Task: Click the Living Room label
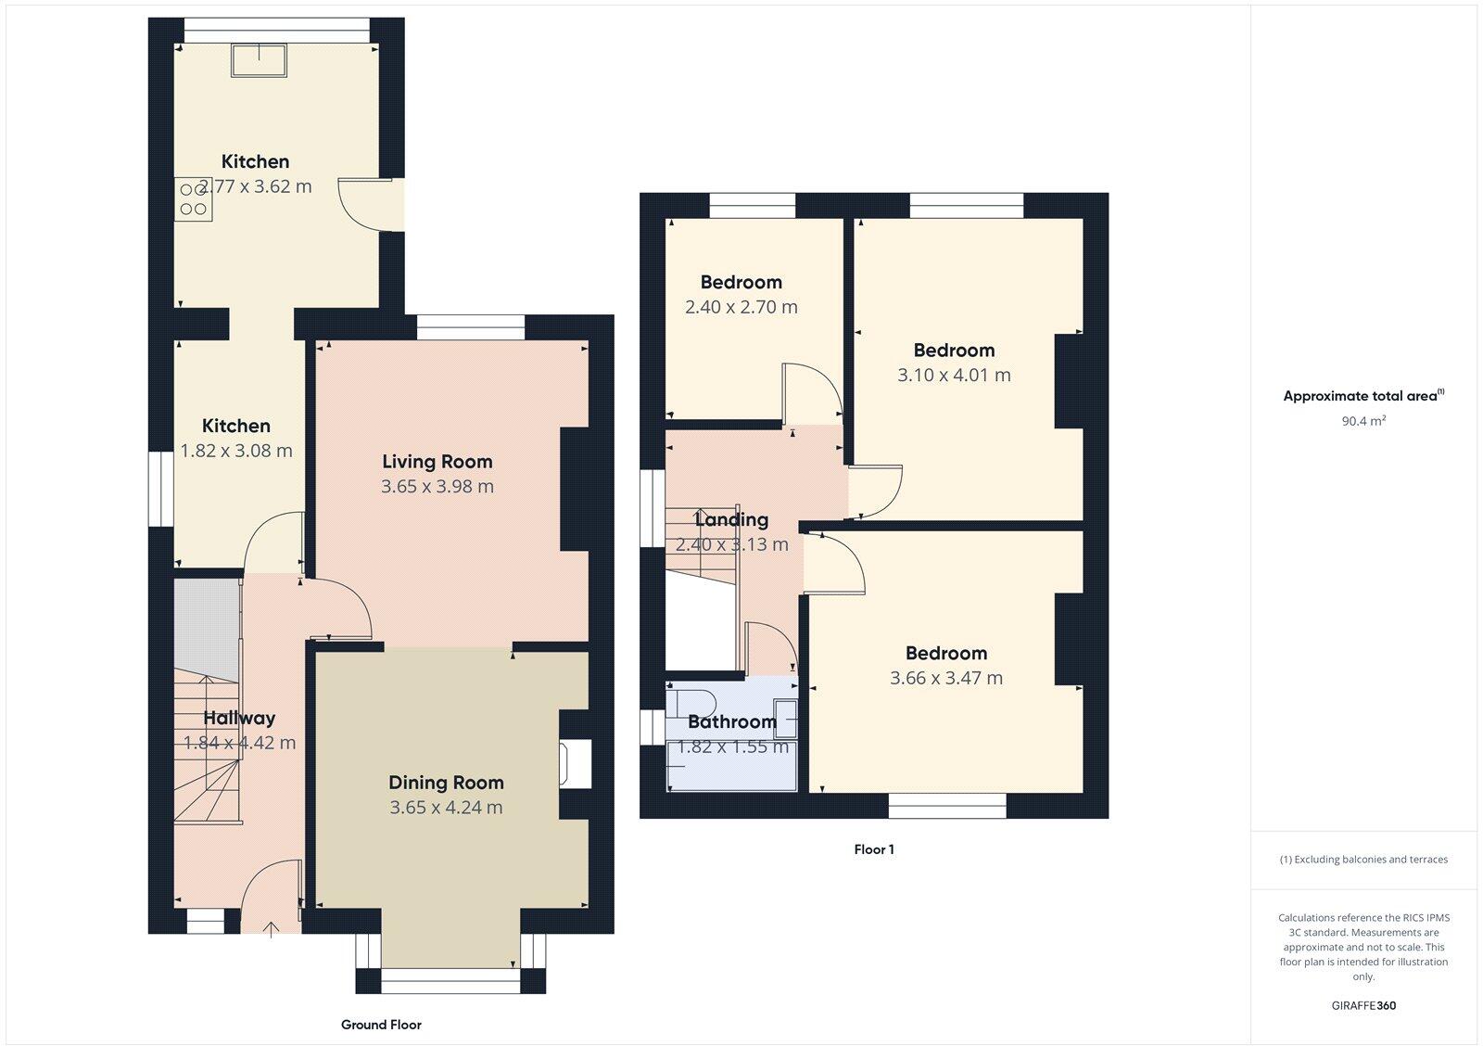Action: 437,462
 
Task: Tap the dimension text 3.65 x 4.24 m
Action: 446,808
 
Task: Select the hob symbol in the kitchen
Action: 194,199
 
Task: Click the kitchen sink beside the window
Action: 260,59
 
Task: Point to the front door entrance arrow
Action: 272,928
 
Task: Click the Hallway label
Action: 239,718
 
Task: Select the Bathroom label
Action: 731,721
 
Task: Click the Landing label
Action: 731,519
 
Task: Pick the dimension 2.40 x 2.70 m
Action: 741,307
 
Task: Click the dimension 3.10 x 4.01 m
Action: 954,376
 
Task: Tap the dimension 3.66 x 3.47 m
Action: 945,678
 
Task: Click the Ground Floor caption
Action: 381,1025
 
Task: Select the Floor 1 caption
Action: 873,849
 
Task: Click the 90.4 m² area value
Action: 1363,421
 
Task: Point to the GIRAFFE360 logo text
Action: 1363,1005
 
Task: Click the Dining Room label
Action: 446,783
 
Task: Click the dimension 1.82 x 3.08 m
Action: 236,452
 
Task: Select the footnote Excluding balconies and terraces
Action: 1363,860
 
